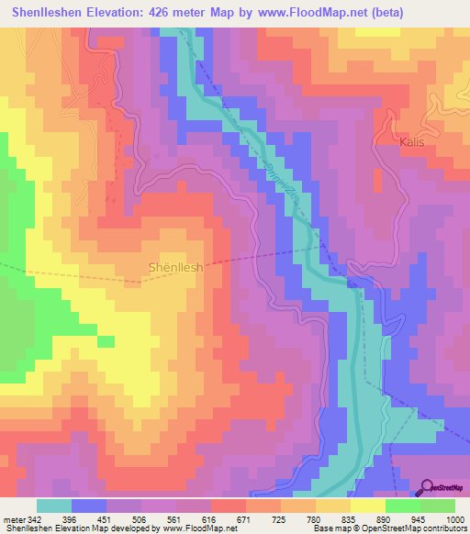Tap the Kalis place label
pos(413,142)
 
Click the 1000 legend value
pos(453,519)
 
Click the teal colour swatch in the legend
pos(54,506)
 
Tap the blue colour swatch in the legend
pos(89,506)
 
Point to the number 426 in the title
pos(167,12)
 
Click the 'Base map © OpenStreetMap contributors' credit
pos(387,529)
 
